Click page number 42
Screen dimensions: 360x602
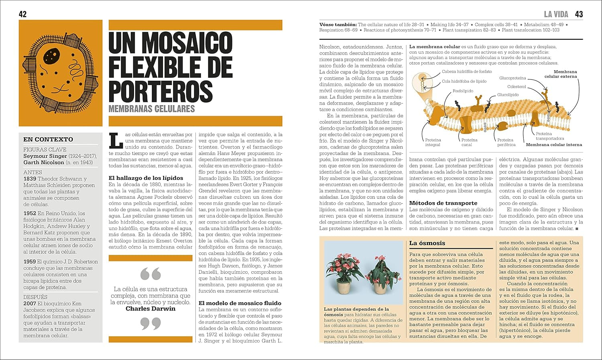pos(22,14)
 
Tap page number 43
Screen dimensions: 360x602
pos(579,14)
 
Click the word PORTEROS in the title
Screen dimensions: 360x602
pos(160,91)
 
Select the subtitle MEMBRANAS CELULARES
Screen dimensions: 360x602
pos(152,109)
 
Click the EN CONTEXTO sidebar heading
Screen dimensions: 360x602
pos(48,139)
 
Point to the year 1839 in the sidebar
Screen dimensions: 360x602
pos(30,179)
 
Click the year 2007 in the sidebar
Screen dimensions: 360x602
pos(30,303)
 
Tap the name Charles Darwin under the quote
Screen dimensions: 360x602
pos(150,309)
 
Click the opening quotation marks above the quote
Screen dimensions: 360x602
pos(150,274)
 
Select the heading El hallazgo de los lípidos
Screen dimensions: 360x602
pos(146,178)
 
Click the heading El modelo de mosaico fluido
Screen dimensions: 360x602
pos(240,303)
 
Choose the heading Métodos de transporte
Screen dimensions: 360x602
pos(443,203)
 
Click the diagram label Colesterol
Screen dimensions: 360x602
pos(516,87)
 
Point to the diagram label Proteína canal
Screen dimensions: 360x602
pos(469,142)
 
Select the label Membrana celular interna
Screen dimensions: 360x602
pos(554,144)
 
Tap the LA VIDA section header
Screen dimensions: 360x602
pos(556,14)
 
